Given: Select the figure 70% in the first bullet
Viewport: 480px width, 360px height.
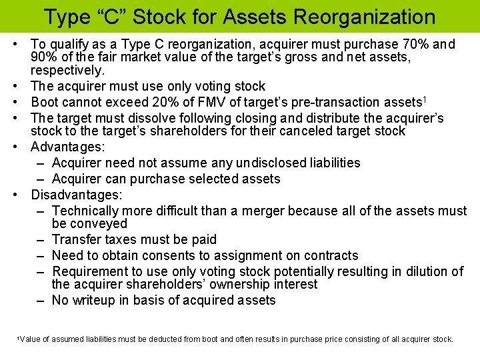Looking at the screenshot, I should (415, 45).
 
